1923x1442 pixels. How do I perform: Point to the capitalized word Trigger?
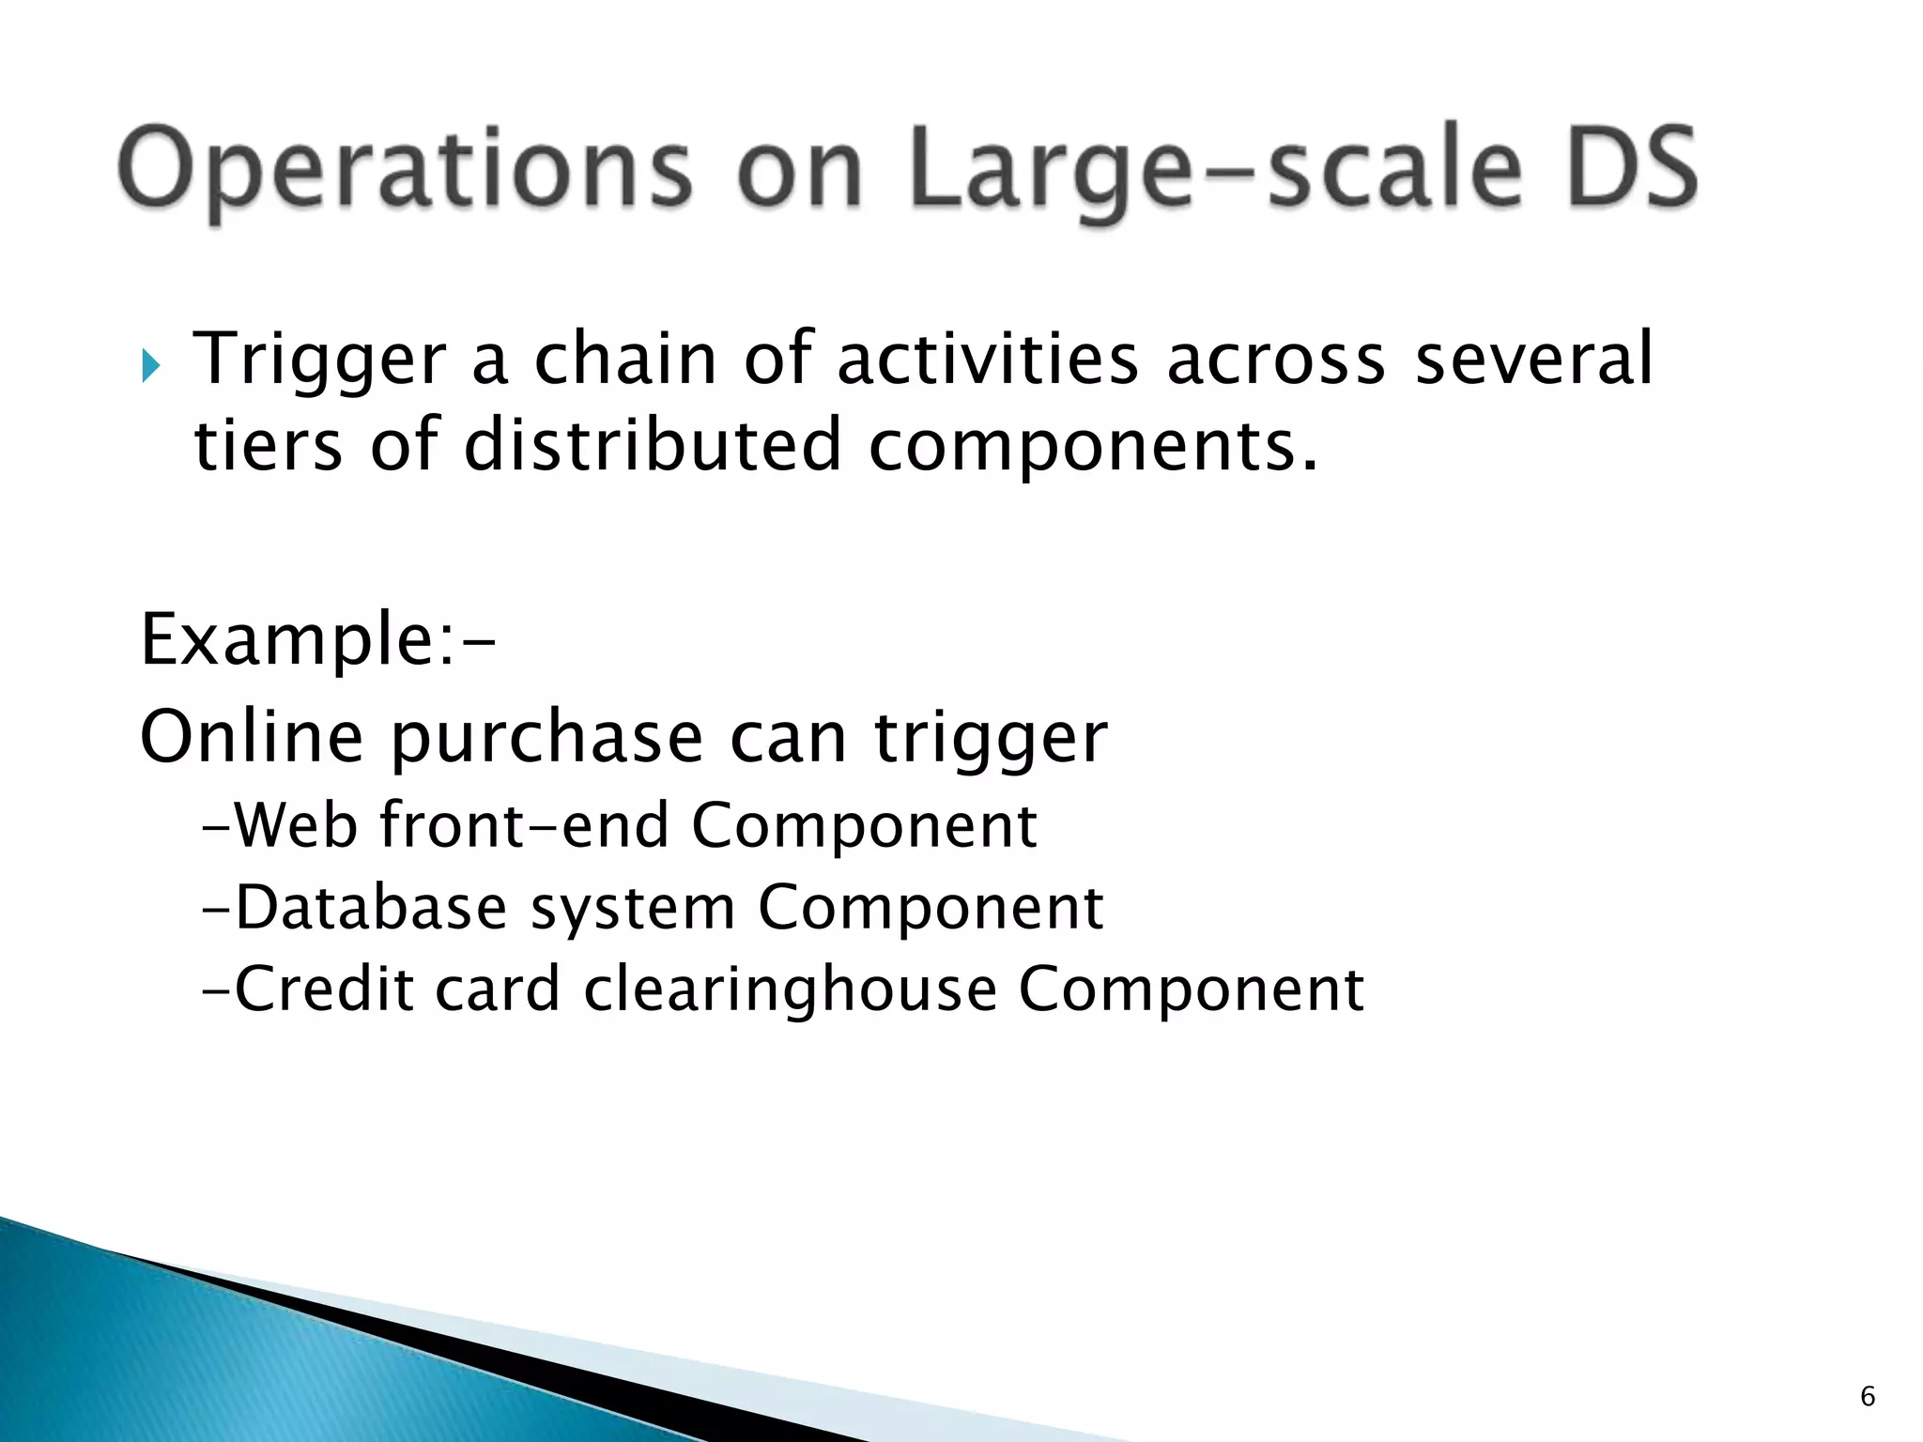pos(319,360)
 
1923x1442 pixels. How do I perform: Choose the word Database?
pos(371,908)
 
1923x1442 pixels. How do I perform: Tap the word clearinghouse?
pos(790,990)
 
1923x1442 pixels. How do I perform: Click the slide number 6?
pos(1868,1397)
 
